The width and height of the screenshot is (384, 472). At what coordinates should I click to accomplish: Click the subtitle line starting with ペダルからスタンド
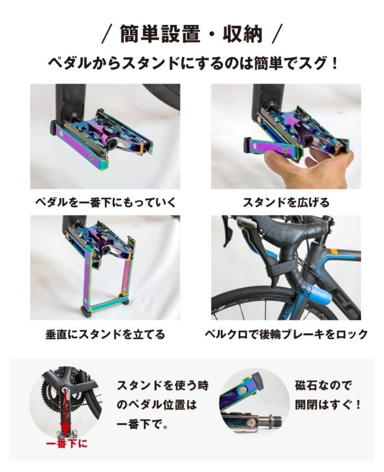coord(192,63)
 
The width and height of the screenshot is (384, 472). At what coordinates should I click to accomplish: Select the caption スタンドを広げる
coord(286,203)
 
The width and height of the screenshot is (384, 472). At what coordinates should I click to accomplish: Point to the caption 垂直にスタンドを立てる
coord(105,335)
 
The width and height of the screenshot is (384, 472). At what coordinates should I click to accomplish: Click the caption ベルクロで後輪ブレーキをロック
coord(286,335)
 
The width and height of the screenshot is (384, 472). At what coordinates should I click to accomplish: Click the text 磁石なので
coord(323,386)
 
